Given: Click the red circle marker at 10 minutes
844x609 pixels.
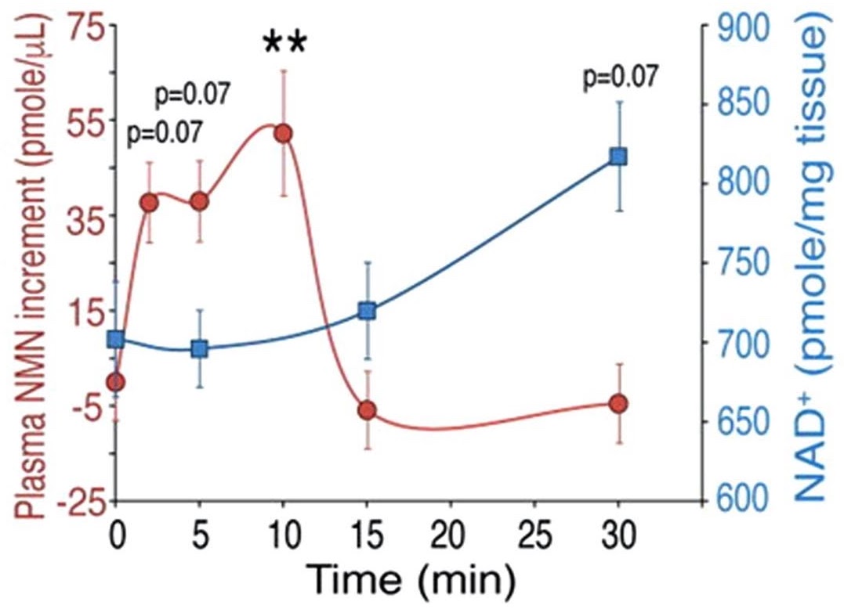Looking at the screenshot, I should pos(283,134).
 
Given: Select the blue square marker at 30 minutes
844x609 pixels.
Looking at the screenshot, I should pos(618,157).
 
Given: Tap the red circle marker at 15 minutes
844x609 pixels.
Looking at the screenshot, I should pos(367,410).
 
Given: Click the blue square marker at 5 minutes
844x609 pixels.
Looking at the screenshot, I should pos(200,349).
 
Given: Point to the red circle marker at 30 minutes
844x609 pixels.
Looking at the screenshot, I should pos(618,404).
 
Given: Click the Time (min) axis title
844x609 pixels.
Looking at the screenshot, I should pos(410,578).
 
